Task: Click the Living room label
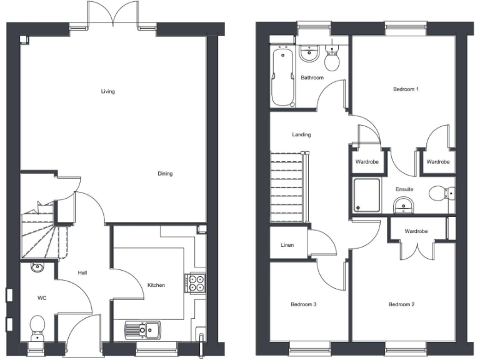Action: (108, 92)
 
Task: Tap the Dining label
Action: (165, 174)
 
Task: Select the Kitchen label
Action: (156, 286)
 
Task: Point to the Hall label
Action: (82, 273)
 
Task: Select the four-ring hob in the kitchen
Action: (196, 283)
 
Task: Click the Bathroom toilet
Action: (332, 60)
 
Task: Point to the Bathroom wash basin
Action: (309, 54)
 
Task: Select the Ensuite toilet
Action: (440, 194)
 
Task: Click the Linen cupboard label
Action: (287, 245)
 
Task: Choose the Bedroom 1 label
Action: (406, 89)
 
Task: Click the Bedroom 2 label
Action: (402, 304)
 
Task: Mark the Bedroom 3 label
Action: (304, 304)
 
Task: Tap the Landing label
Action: (301, 134)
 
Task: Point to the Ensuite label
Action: (404, 189)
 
